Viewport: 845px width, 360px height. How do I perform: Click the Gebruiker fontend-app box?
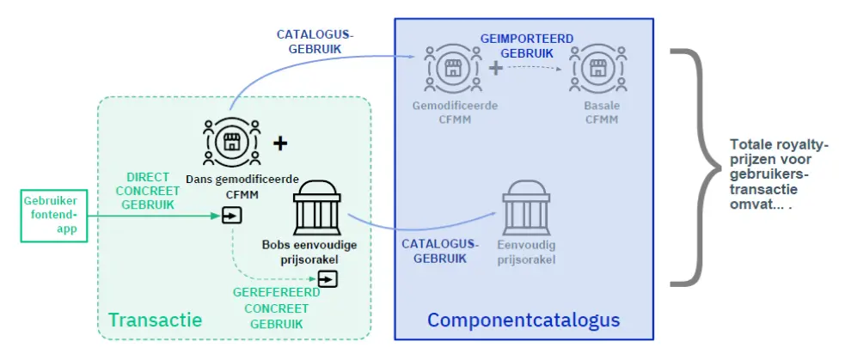coord(54,215)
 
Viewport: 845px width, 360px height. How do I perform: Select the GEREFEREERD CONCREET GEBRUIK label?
coord(277,308)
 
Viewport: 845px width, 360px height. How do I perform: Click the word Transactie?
coord(156,320)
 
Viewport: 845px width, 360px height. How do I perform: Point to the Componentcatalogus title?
coord(524,320)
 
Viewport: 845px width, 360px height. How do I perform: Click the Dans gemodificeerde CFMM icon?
coord(231,142)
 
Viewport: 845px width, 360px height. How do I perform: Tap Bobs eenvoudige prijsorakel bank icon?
coord(316,206)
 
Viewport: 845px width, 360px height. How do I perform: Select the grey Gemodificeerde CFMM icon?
coord(453,68)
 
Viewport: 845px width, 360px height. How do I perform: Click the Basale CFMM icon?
coord(597,68)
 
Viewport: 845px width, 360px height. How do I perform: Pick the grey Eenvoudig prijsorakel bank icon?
coord(526,206)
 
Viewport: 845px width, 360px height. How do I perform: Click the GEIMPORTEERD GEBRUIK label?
coord(526,46)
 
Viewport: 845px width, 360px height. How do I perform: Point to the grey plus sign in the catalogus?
coord(496,69)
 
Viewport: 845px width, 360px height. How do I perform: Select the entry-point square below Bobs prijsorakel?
coord(328,279)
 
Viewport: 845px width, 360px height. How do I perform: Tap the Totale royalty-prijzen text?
coord(770,174)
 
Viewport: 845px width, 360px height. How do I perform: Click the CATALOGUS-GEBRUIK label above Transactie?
coord(315,41)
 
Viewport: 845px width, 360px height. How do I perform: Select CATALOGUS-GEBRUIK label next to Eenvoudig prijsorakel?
coord(440,251)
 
